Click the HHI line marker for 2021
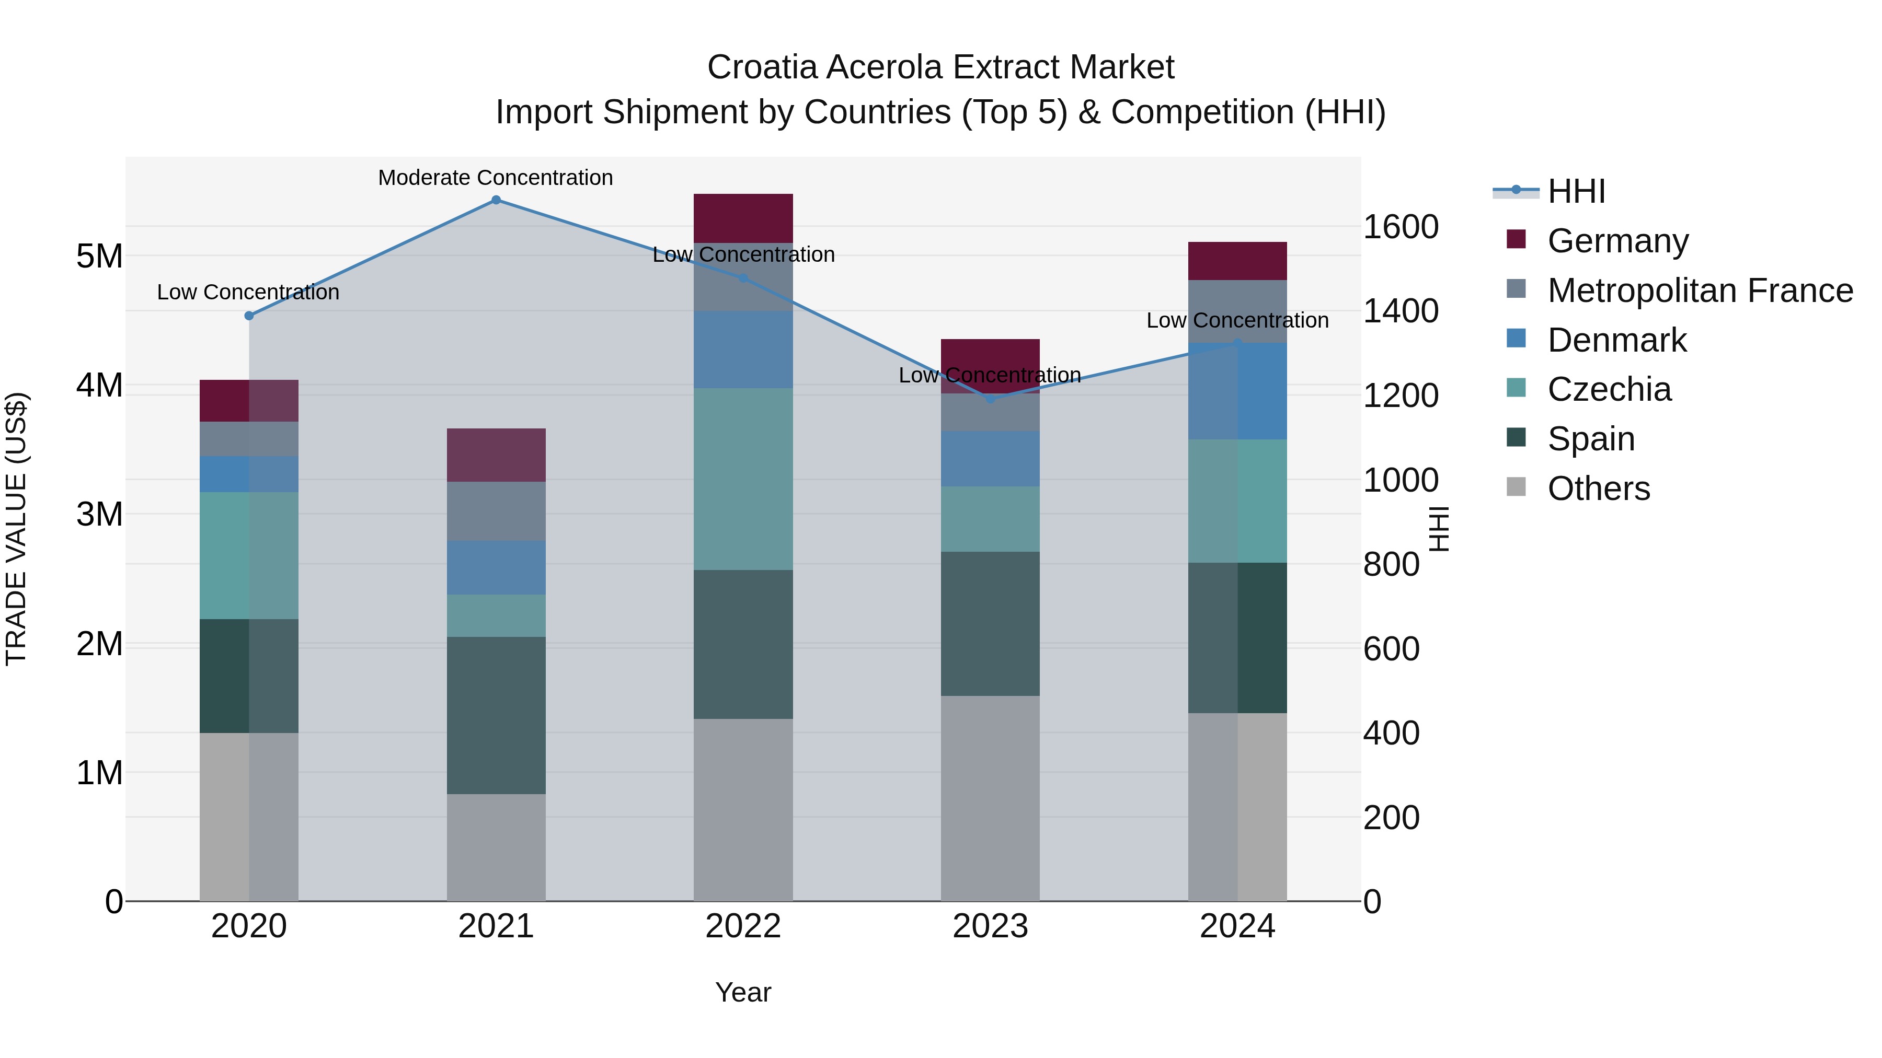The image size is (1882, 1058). pos(496,200)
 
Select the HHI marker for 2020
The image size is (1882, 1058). pos(249,316)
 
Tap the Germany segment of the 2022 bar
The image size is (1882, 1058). pos(743,218)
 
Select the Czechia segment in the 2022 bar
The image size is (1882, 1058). pos(743,479)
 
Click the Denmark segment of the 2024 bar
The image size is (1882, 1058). pos(1237,391)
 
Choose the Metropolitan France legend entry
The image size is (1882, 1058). pos(1700,290)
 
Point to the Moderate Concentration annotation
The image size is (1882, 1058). pos(496,178)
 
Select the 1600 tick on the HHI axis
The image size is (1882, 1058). pos(1401,227)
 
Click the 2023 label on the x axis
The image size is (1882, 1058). pos(990,926)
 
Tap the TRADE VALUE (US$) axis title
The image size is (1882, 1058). pos(16,529)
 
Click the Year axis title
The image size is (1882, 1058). pos(743,992)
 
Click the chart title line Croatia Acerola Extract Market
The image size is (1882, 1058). pos(940,67)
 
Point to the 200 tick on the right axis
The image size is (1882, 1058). pos(1391,818)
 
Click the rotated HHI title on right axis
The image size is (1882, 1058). pos(1438,529)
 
